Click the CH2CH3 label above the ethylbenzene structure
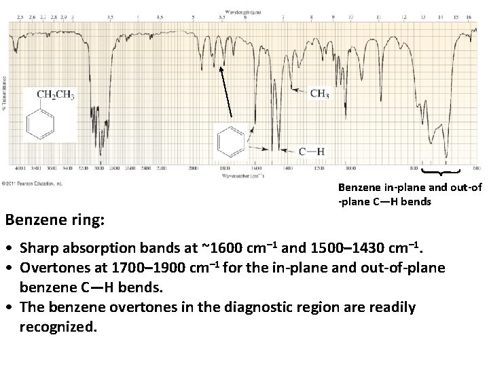(55, 94)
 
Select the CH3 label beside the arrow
(319, 94)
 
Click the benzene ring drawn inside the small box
(228, 142)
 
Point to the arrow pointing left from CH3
(298, 90)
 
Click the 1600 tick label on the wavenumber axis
(255, 167)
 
